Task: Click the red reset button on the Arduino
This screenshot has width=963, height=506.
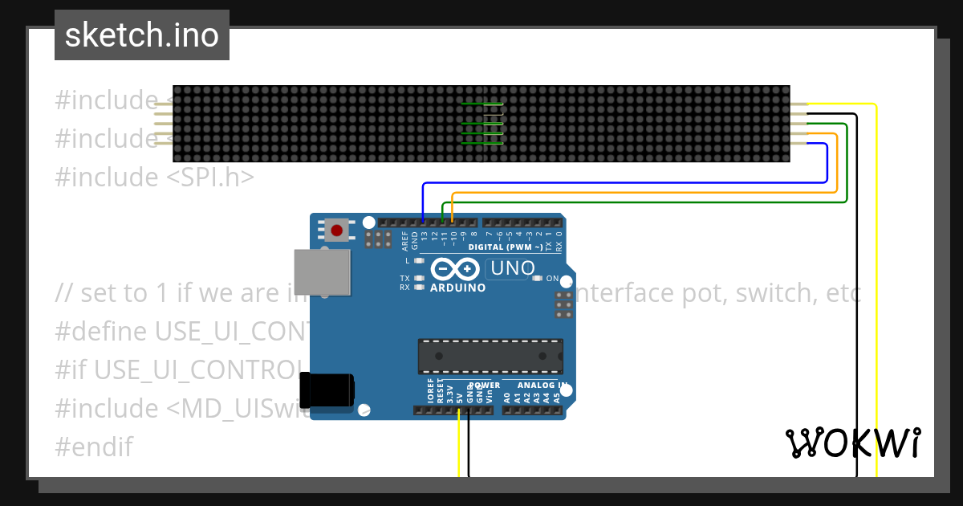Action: [337, 231]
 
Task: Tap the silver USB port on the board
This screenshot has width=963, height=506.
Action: [322, 271]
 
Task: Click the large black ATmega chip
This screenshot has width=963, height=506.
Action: [490, 356]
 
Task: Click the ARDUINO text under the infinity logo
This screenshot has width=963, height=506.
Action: [457, 288]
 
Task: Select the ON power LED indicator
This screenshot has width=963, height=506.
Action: [537, 279]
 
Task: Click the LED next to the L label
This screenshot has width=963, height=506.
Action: [418, 261]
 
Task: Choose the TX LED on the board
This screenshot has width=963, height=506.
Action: [418, 278]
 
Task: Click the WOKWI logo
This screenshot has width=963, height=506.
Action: [853, 443]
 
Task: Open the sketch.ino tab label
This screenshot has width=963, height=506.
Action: [142, 35]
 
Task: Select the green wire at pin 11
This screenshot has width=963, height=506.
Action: [442, 211]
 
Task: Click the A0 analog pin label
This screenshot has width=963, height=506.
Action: [506, 396]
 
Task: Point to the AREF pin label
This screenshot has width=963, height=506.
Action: [404, 242]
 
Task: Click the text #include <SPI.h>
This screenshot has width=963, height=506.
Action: [154, 177]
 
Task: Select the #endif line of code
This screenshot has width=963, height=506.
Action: [93, 447]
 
